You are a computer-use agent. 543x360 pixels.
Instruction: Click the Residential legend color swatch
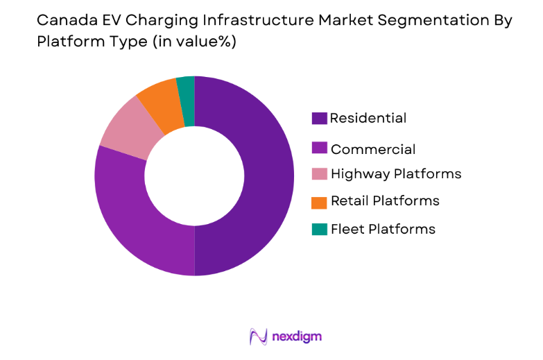[x=319, y=119]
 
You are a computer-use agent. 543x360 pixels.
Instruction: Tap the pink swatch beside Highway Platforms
[x=319, y=173]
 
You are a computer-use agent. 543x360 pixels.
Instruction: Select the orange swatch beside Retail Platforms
[x=319, y=202]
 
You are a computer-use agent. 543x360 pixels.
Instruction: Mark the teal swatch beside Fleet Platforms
[x=319, y=229]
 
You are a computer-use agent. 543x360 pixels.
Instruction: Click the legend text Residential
[x=368, y=119]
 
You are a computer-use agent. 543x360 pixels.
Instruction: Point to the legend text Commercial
[x=373, y=149]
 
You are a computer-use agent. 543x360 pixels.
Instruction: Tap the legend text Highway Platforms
[x=396, y=173]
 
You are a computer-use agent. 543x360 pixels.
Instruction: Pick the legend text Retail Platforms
[x=385, y=201]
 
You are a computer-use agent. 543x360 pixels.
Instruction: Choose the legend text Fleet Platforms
[x=383, y=229]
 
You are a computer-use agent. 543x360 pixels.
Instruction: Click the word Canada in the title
[x=59, y=21]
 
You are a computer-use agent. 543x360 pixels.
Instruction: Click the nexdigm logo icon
[x=258, y=337]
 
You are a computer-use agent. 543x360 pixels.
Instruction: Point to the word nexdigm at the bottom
[x=298, y=337]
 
